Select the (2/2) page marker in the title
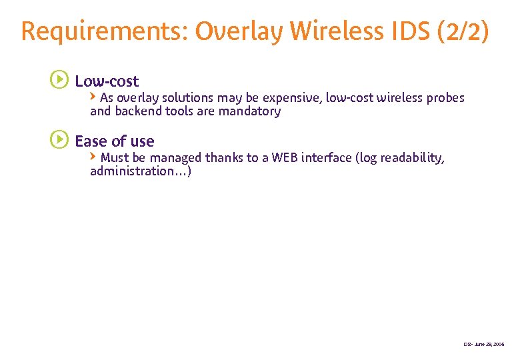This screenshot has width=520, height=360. click(465, 31)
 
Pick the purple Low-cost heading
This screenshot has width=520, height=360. click(107, 81)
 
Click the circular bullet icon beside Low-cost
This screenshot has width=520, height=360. click(59, 81)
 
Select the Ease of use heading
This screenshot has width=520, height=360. click(114, 141)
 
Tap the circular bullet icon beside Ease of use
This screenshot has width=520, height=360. click(59, 141)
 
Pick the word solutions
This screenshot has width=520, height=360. click(181, 98)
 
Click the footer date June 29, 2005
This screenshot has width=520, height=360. click(489, 344)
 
